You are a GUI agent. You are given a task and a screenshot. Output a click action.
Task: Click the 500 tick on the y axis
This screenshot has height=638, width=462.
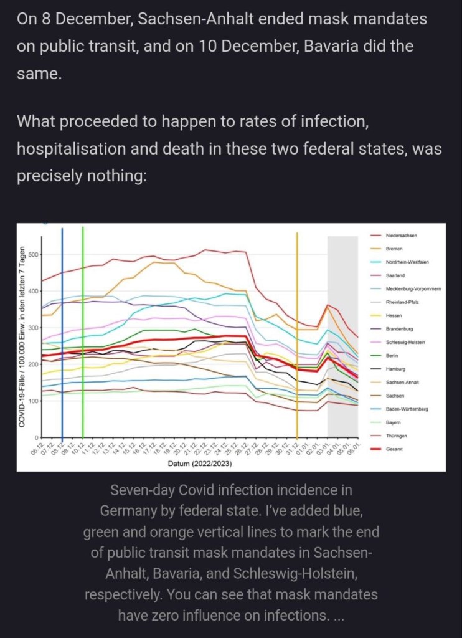(x=32, y=254)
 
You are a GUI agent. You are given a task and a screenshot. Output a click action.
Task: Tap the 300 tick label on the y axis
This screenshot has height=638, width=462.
(x=32, y=327)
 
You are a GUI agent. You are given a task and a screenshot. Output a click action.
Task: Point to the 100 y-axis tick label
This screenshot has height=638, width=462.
(x=32, y=401)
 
